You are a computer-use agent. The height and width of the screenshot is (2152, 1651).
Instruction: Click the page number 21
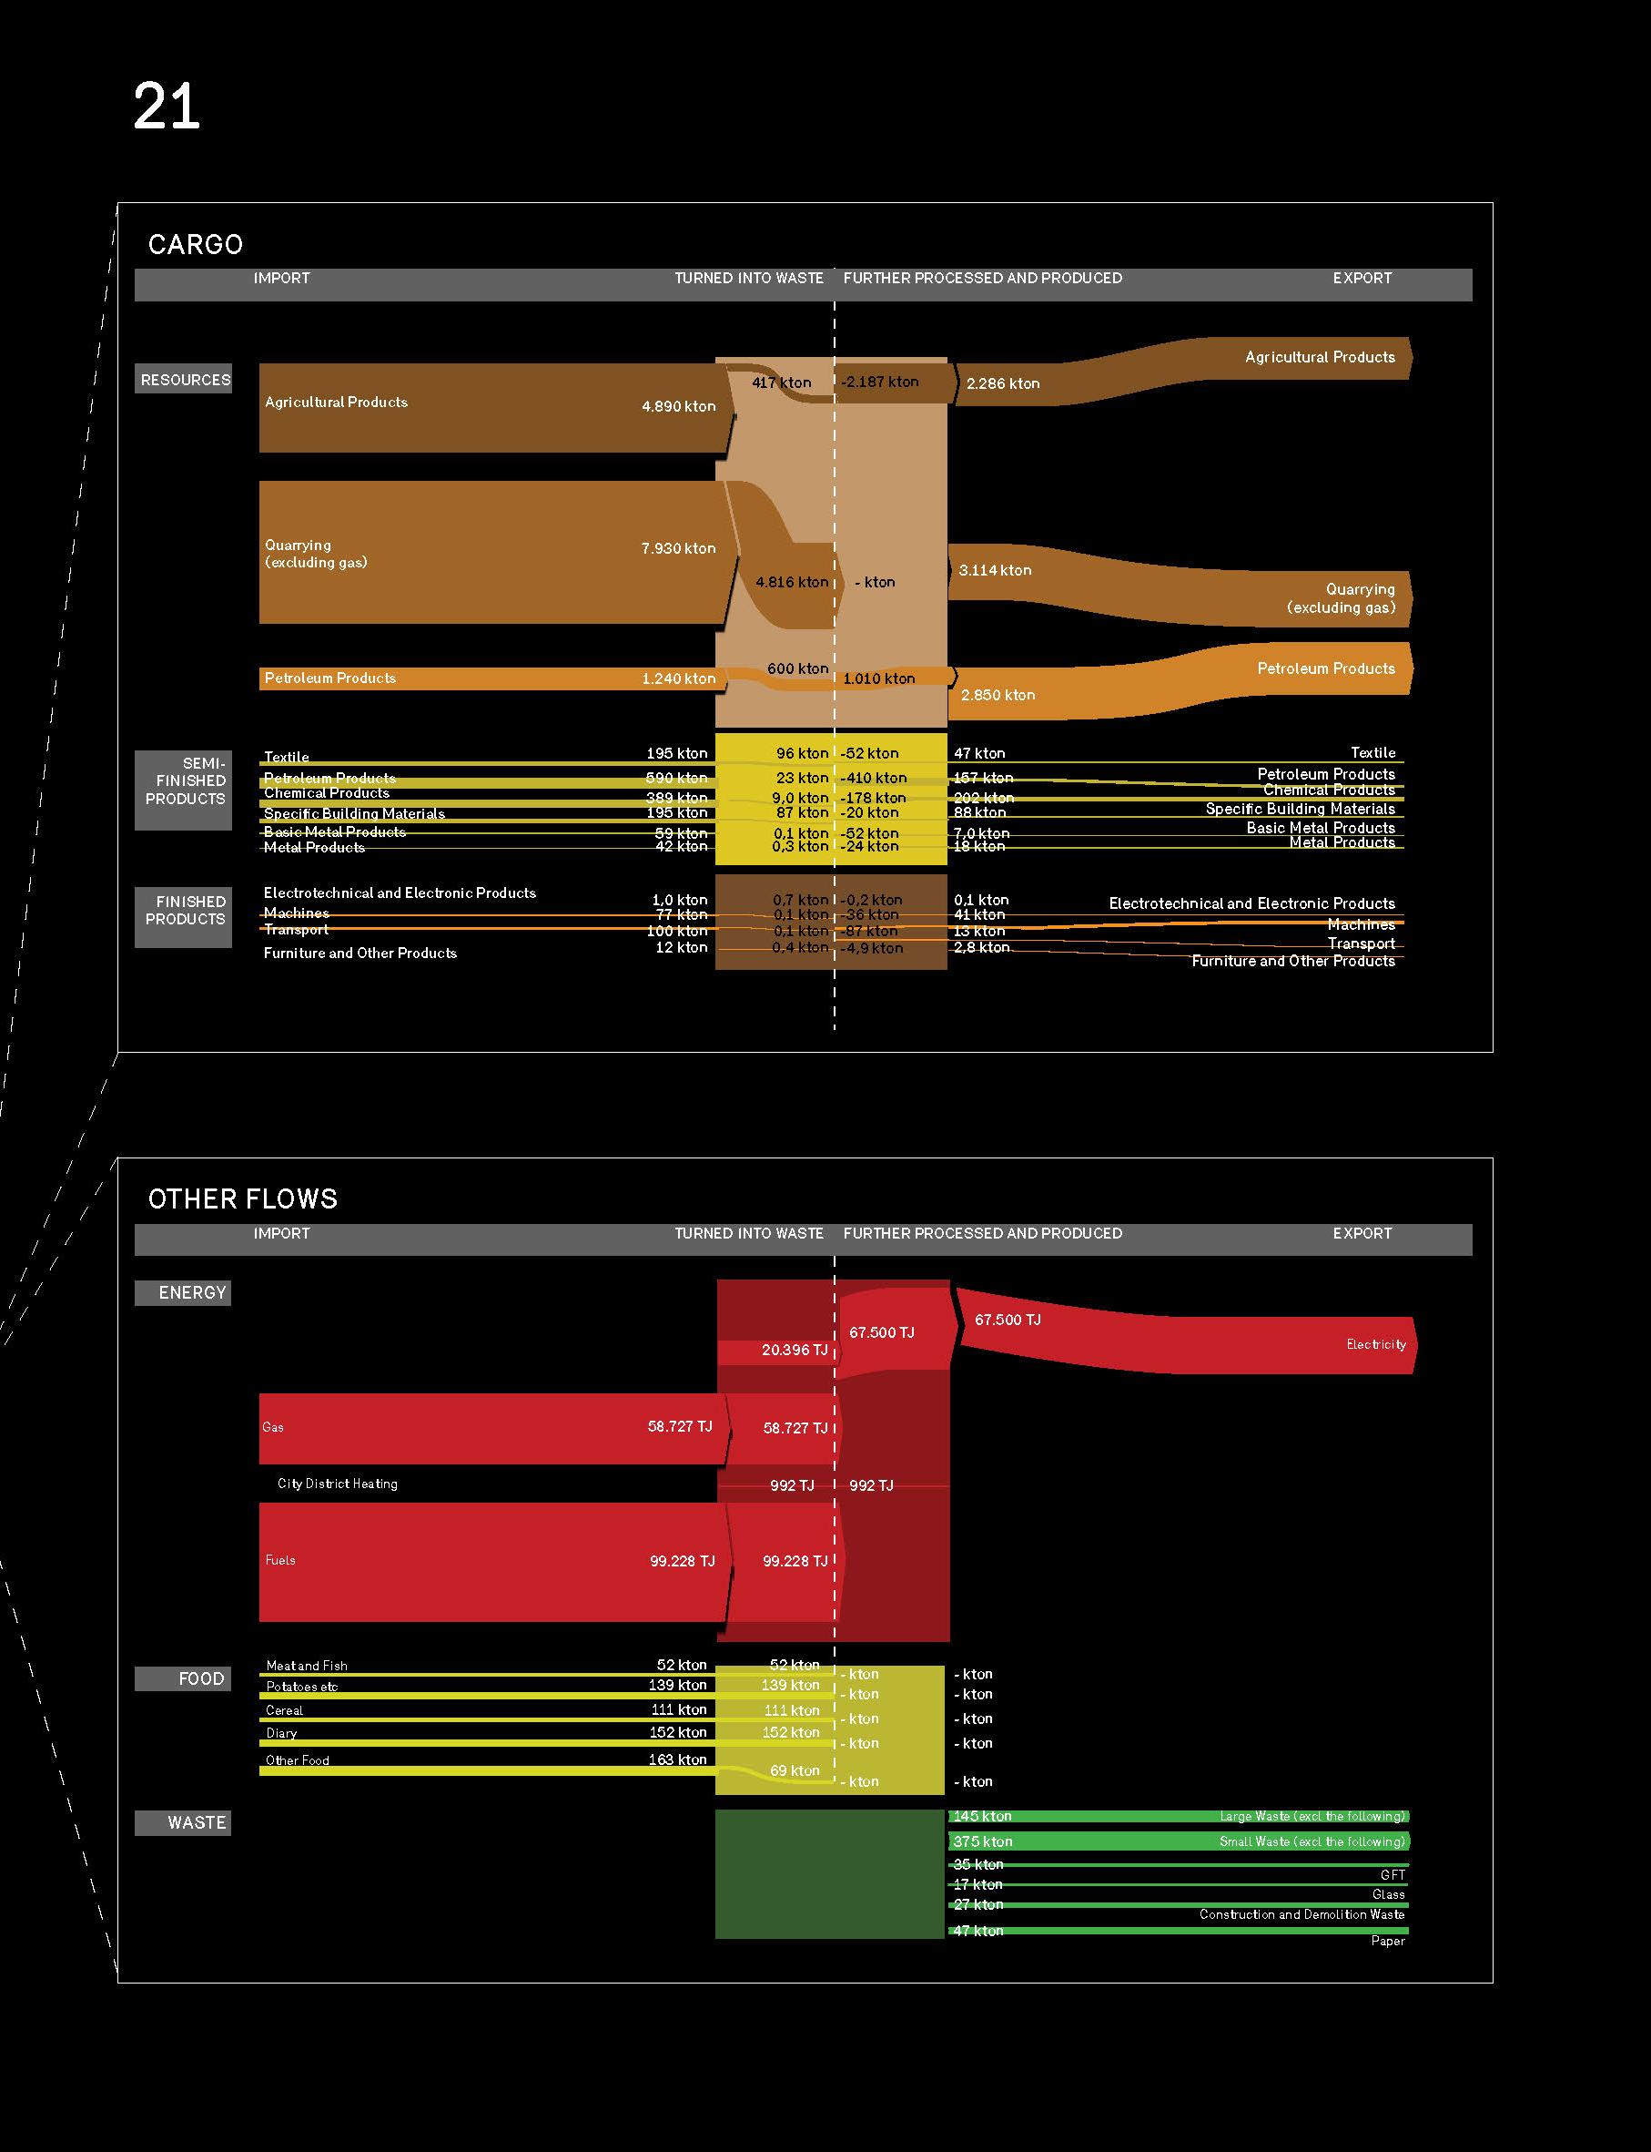point(166,107)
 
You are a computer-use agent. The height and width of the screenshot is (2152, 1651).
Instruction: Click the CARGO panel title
point(196,244)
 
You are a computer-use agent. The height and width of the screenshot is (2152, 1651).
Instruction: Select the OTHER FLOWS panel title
point(243,1198)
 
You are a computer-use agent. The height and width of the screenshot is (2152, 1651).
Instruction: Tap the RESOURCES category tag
point(185,380)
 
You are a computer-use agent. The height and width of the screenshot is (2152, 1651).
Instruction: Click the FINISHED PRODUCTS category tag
point(185,911)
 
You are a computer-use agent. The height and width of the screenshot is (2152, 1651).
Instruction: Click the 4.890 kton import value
point(678,406)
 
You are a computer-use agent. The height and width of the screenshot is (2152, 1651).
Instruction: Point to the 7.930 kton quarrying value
point(678,548)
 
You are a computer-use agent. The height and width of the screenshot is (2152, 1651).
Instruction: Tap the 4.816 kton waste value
point(791,582)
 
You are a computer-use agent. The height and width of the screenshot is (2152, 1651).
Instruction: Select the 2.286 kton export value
point(1002,383)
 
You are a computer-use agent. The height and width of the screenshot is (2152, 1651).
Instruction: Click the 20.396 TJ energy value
point(794,1350)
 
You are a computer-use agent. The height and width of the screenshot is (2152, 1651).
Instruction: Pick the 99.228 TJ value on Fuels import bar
point(682,1560)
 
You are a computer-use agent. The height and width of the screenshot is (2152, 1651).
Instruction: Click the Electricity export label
point(1376,1344)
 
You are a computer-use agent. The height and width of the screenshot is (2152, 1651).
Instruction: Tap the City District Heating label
point(337,1484)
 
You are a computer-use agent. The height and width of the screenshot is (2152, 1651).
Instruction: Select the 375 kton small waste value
point(983,1841)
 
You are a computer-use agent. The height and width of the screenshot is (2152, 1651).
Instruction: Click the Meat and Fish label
point(307,1666)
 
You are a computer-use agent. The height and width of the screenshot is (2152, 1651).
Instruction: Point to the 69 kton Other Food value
point(794,1770)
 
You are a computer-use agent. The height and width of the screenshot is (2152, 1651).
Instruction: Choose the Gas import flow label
point(272,1427)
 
